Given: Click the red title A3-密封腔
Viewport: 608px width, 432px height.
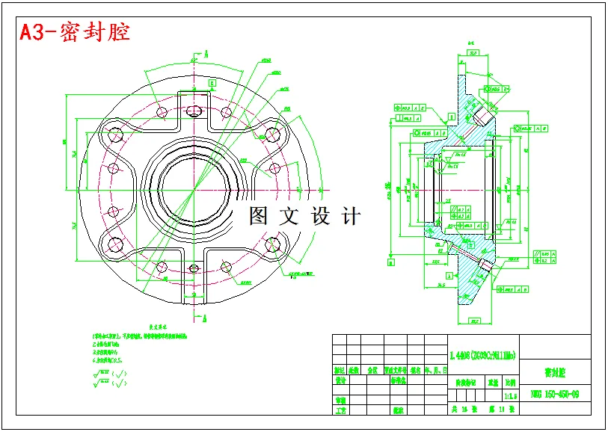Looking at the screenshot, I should [x=75, y=32].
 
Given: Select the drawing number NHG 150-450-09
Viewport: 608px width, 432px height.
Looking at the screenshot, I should [x=553, y=394].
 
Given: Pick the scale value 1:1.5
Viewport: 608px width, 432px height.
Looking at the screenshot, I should [x=511, y=395].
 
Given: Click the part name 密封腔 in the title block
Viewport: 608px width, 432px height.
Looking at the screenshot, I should [x=555, y=371].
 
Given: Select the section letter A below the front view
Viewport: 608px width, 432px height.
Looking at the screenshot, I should [x=205, y=319].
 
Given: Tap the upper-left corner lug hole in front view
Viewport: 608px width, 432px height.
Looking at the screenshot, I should [x=117, y=136].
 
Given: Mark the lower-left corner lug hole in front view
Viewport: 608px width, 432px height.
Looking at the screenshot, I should [x=117, y=244].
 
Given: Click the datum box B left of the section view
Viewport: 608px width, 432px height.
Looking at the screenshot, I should [x=390, y=262].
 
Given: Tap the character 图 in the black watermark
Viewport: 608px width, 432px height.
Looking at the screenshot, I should [x=259, y=217].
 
